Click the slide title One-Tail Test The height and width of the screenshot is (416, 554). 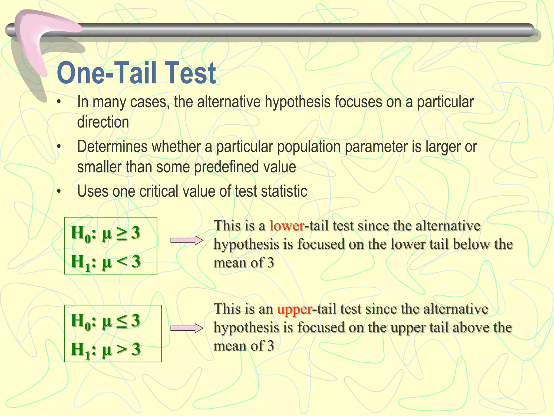click(x=136, y=73)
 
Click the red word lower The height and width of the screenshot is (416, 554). click(x=287, y=226)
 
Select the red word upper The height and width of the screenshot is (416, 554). click(x=295, y=309)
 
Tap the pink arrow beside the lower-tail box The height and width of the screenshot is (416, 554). click(x=187, y=240)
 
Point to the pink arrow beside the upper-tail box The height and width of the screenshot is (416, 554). click(x=187, y=328)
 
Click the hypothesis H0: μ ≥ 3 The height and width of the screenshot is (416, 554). click(x=105, y=233)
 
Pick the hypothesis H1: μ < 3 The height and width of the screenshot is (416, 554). click(x=105, y=262)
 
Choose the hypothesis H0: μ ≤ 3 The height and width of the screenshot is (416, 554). click(x=105, y=321)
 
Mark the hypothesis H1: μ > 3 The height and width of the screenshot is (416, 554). click(x=105, y=349)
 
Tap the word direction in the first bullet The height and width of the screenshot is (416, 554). click(x=103, y=122)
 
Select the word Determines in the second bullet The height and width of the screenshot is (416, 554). click(x=112, y=147)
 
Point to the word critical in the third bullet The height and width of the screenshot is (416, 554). click(x=159, y=191)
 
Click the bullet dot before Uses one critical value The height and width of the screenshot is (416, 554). click(x=59, y=191)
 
